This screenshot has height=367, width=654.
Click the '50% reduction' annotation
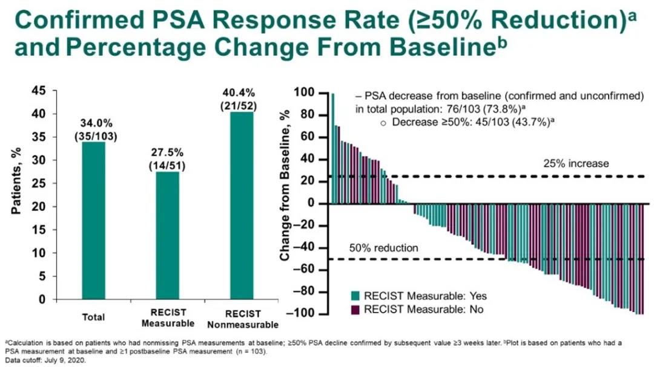tap(383, 248)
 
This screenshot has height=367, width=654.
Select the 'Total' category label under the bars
tap(93, 317)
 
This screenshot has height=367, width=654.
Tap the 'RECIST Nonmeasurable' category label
tap(243, 319)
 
